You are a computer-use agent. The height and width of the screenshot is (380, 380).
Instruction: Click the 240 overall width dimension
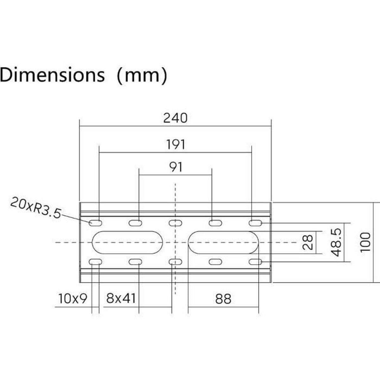[x=175, y=118]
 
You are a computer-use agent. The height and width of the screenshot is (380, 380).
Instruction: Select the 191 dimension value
[x=175, y=144]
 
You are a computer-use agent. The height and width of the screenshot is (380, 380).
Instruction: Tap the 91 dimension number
[x=175, y=167]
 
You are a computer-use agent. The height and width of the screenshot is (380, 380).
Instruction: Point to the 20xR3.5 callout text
[x=35, y=207]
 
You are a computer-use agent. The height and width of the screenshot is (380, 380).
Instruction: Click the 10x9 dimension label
[x=73, y=298]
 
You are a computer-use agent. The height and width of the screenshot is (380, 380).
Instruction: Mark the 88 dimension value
[x=223, y=299]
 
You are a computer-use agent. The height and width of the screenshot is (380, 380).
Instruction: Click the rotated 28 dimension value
[x=307, y=242]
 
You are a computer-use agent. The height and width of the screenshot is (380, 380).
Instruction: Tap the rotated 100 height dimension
[x=365, y=242]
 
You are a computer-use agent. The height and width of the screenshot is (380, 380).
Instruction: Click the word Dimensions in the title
[x=53, y=75]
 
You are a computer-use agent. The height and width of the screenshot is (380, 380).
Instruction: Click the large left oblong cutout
[x=127, y=243]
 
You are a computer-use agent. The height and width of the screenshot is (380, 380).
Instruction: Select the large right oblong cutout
[x=224, y=243]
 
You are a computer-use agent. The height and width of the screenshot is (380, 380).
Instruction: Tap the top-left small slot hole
[x=96, y=223]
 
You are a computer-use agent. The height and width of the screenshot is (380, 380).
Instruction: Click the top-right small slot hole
[x=255, y=223]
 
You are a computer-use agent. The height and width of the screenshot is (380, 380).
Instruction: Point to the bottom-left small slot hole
[x=96, y=262]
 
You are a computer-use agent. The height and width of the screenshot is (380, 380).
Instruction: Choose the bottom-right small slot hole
[x=255, y=262]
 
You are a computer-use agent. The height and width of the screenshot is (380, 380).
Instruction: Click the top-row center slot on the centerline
[x=175, y=223]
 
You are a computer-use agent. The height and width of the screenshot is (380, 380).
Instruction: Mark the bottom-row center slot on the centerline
[x=175, y=262]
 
